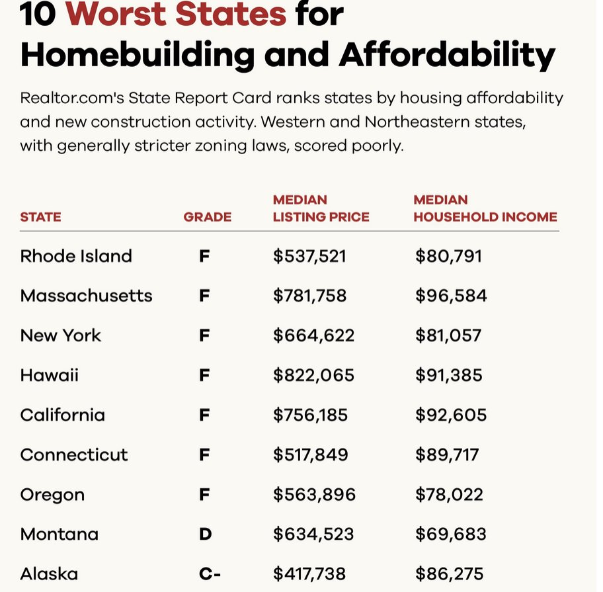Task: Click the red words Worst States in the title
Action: click(x=177, y=15)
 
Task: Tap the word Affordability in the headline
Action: click(x=447, y=56)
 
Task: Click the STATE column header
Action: click(x=40, y=217)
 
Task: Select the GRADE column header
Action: click(x=208, y=217)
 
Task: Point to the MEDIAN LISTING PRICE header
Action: click(x=321, y=208)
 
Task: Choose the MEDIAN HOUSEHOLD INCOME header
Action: click(x=485, y=208)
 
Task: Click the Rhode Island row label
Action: click(x=76, y=256)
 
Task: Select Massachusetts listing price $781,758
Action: click(x=309, y=296)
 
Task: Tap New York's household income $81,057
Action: click(x=448, y=335)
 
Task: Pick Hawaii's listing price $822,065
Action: click(x=313, y=376)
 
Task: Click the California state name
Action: click(x=62, y=415)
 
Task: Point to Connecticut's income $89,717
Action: click(x=447, y=455)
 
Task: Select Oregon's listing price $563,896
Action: click(x=314, y=495)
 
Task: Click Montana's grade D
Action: click(x=205, y=534)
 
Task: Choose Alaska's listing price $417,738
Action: click(x=309, y=573)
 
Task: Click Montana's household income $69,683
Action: click(x=450, y=534)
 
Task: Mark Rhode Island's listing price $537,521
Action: click(x=309, y=256)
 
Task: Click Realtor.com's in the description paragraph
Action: click(x=73, y=99)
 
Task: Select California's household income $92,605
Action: click(x=450, y=415)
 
